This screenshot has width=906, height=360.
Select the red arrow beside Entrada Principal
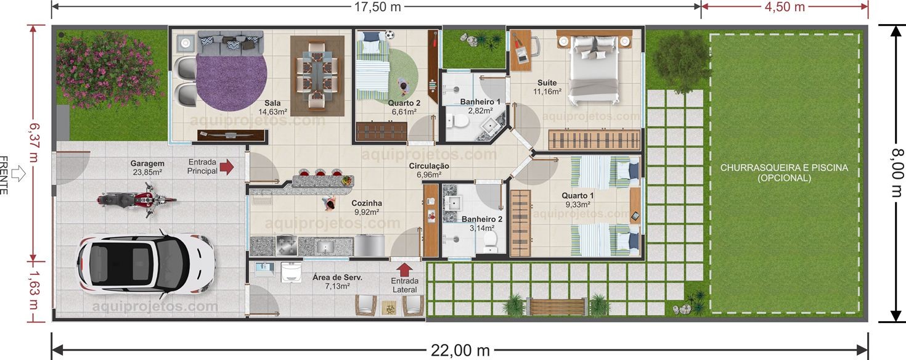[227, 166]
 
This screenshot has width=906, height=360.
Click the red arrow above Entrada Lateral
[404, 269]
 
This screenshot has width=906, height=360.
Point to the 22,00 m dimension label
[460, 351]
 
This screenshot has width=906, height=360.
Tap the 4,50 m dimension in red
[784, 7]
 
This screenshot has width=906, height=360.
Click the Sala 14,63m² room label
[273, 107]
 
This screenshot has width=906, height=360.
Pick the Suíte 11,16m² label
[547, 87]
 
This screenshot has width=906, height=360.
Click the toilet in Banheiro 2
[491, 240]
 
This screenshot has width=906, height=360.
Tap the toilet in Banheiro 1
[457, 121]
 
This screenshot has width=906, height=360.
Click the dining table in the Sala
[317, 75]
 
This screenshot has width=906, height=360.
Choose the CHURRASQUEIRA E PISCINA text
[784, 172]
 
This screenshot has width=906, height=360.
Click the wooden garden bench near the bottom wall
[557, 306]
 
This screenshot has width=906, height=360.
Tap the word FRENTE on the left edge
[4, 175]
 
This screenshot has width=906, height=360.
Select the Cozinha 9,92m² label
[367, 207]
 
